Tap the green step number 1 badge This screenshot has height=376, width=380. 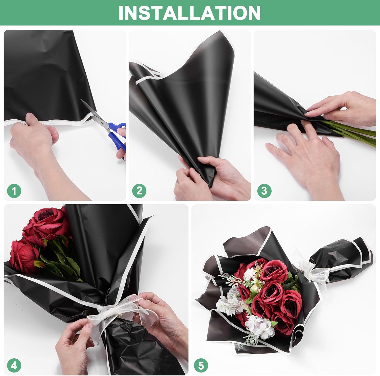[x=14, y=190]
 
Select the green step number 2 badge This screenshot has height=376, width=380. [x=139, y=190]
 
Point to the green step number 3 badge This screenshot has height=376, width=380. [x=264, y=190]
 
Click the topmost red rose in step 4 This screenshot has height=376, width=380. [x=48, y=223]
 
